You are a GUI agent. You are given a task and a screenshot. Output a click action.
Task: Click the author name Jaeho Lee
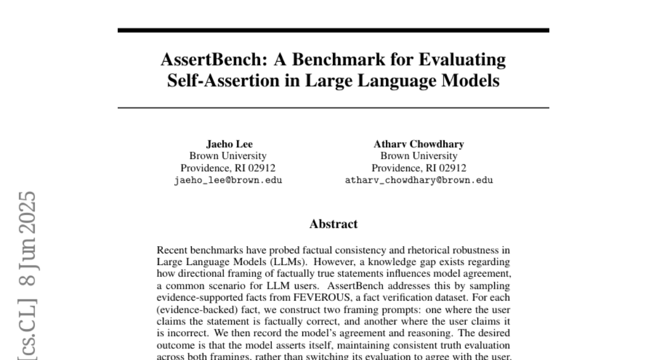pos(230,144)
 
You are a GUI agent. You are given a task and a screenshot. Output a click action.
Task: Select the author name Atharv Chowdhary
pos(419,144)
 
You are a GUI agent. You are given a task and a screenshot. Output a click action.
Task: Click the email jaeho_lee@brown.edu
pos(228,180)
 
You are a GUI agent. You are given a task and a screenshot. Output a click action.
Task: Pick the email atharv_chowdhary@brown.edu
pos(419,180)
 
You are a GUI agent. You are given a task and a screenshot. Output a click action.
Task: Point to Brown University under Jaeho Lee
pos(228,156)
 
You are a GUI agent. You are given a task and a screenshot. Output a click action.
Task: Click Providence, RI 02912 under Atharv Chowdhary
pos(419,168)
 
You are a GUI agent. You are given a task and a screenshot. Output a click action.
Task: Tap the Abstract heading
pos(333,224)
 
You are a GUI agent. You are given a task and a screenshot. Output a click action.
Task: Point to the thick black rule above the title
pos(333,30)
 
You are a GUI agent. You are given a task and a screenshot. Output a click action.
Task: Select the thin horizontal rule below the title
pos(333,107)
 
